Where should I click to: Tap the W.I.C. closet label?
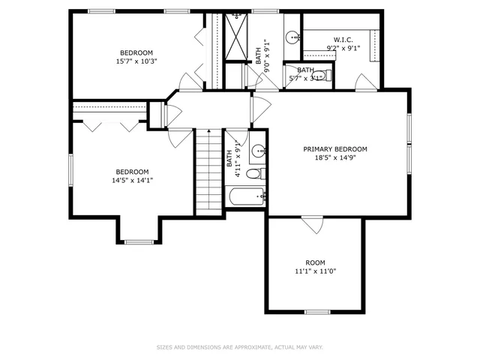343,40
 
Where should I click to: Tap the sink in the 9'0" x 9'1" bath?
292,36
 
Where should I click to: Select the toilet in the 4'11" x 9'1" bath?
255,173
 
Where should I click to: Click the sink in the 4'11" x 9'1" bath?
259,150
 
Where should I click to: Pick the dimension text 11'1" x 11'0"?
314,271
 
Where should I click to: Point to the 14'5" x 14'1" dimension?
131,180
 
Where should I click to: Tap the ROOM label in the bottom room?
315,262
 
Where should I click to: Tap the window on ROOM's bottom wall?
317,311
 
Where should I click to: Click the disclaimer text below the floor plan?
239,347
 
